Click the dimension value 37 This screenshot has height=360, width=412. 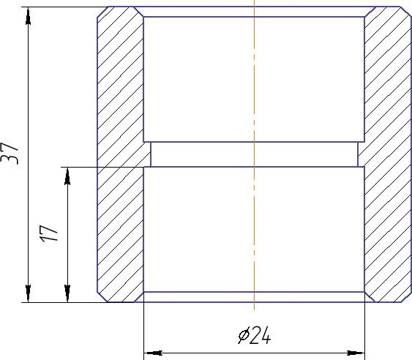pyautogui.click(x=10, y=154)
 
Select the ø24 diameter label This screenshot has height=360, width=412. pyautogui.click(x=255, y=336)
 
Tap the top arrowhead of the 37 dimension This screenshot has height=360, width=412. pyautogui.click(x=28, y=16)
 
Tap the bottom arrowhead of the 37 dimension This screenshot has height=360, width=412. pyautogui.click(x=28, y=293)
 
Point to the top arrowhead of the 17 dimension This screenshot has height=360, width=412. pyautogui.click(x=67, y=176)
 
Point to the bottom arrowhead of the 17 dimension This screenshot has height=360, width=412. pyautogui.click(x=67, y=293)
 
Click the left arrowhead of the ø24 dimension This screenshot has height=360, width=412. pyautogui.click(x=154, y=353)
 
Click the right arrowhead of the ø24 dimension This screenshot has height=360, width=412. pyautogui.click(x=356, y=353)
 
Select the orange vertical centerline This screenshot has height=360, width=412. pyautogui.click(x=254, y=155)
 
